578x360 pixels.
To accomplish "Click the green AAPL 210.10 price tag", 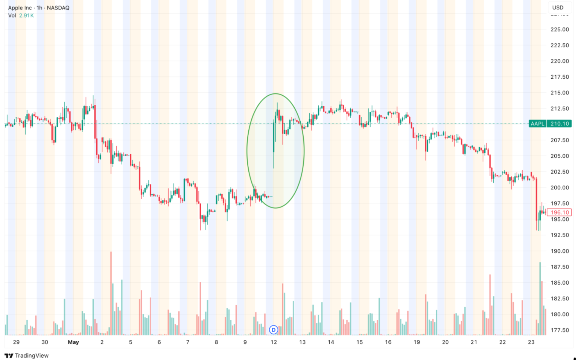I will tap(550, 124).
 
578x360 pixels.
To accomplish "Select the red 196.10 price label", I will tap(559, 212).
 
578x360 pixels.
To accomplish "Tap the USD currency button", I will tap(558, 8).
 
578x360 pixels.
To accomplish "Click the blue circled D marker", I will tap(274, 330).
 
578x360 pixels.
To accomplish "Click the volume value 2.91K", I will tap(26, 15).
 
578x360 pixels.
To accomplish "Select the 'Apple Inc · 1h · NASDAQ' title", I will tap(39, 8).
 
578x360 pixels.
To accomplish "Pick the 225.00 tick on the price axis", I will tap(560, 29).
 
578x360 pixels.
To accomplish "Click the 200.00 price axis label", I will tap(560, 188).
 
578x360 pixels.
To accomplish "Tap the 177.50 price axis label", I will tap(560, 330).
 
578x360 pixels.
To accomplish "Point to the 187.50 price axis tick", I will tap(560, 267).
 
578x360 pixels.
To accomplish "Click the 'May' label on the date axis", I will tap(73, 342).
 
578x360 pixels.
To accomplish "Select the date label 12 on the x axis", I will tap(274, 342).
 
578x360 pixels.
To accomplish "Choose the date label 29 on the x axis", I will tap(16, 342).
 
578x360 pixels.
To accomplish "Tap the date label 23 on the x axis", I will tap(531, 342).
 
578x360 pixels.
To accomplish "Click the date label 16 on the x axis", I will tap(388, 342).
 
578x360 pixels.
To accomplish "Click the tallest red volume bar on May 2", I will tap(111, 294).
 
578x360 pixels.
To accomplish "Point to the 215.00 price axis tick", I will tap(560, 93).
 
